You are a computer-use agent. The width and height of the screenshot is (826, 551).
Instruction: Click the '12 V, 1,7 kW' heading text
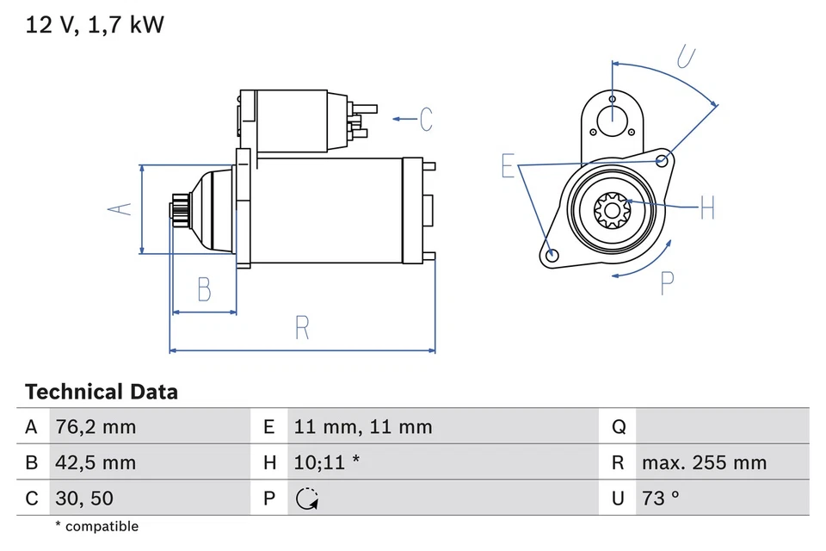[95, 25]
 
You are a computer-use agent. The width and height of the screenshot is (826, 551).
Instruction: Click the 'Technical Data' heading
[102, 393]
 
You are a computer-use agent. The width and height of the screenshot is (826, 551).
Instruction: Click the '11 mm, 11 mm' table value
[362, 427]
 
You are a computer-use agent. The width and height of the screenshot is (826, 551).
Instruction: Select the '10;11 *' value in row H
[326, 463]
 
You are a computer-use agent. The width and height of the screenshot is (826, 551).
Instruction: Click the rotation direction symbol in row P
[306, 498]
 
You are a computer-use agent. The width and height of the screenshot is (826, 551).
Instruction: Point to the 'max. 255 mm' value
[704, 463]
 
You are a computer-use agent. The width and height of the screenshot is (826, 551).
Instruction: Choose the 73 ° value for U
[661, 498]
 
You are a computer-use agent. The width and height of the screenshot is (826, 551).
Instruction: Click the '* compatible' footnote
[96, 526]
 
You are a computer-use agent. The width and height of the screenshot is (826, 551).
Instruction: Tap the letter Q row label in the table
[618, 427]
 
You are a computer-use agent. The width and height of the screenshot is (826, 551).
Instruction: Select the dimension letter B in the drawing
[204, 289]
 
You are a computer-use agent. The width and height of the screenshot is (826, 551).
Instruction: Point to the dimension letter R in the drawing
[301, 328]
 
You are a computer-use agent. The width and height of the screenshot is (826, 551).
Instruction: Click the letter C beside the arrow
[426, 119]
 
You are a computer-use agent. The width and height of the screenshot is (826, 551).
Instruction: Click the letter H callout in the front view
[706, 207]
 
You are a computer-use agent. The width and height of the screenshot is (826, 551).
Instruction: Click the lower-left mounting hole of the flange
[552, 254]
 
